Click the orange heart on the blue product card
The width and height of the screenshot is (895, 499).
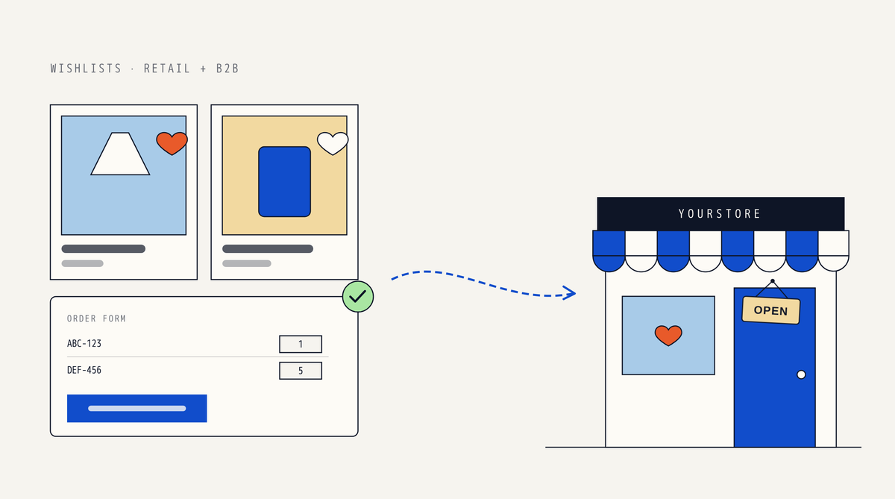point(172,143)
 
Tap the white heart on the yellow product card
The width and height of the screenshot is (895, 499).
point(333,143)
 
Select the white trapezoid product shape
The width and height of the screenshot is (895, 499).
point(120,154)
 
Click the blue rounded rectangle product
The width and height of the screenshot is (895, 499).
point(284,182)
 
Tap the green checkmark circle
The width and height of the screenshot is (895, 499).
point(358,297)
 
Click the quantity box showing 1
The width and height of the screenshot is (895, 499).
point(301,344)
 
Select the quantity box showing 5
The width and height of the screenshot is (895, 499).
point(301,371)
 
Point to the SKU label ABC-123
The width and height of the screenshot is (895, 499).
point(84,344)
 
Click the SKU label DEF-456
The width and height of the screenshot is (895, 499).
point(84,371)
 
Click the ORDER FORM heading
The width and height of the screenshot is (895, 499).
point(96,318)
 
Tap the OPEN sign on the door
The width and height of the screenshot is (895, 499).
point(771,310)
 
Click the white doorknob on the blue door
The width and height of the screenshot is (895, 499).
point(801,374)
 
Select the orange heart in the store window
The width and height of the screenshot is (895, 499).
point(668,336)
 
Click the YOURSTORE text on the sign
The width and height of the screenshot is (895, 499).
point(719,214)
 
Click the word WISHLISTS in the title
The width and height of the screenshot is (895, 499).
point(86,69)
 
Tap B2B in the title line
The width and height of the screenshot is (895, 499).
point(227,69)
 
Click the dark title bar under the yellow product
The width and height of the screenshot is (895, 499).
point(268,249)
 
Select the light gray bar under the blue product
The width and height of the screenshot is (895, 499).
point(82,264)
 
